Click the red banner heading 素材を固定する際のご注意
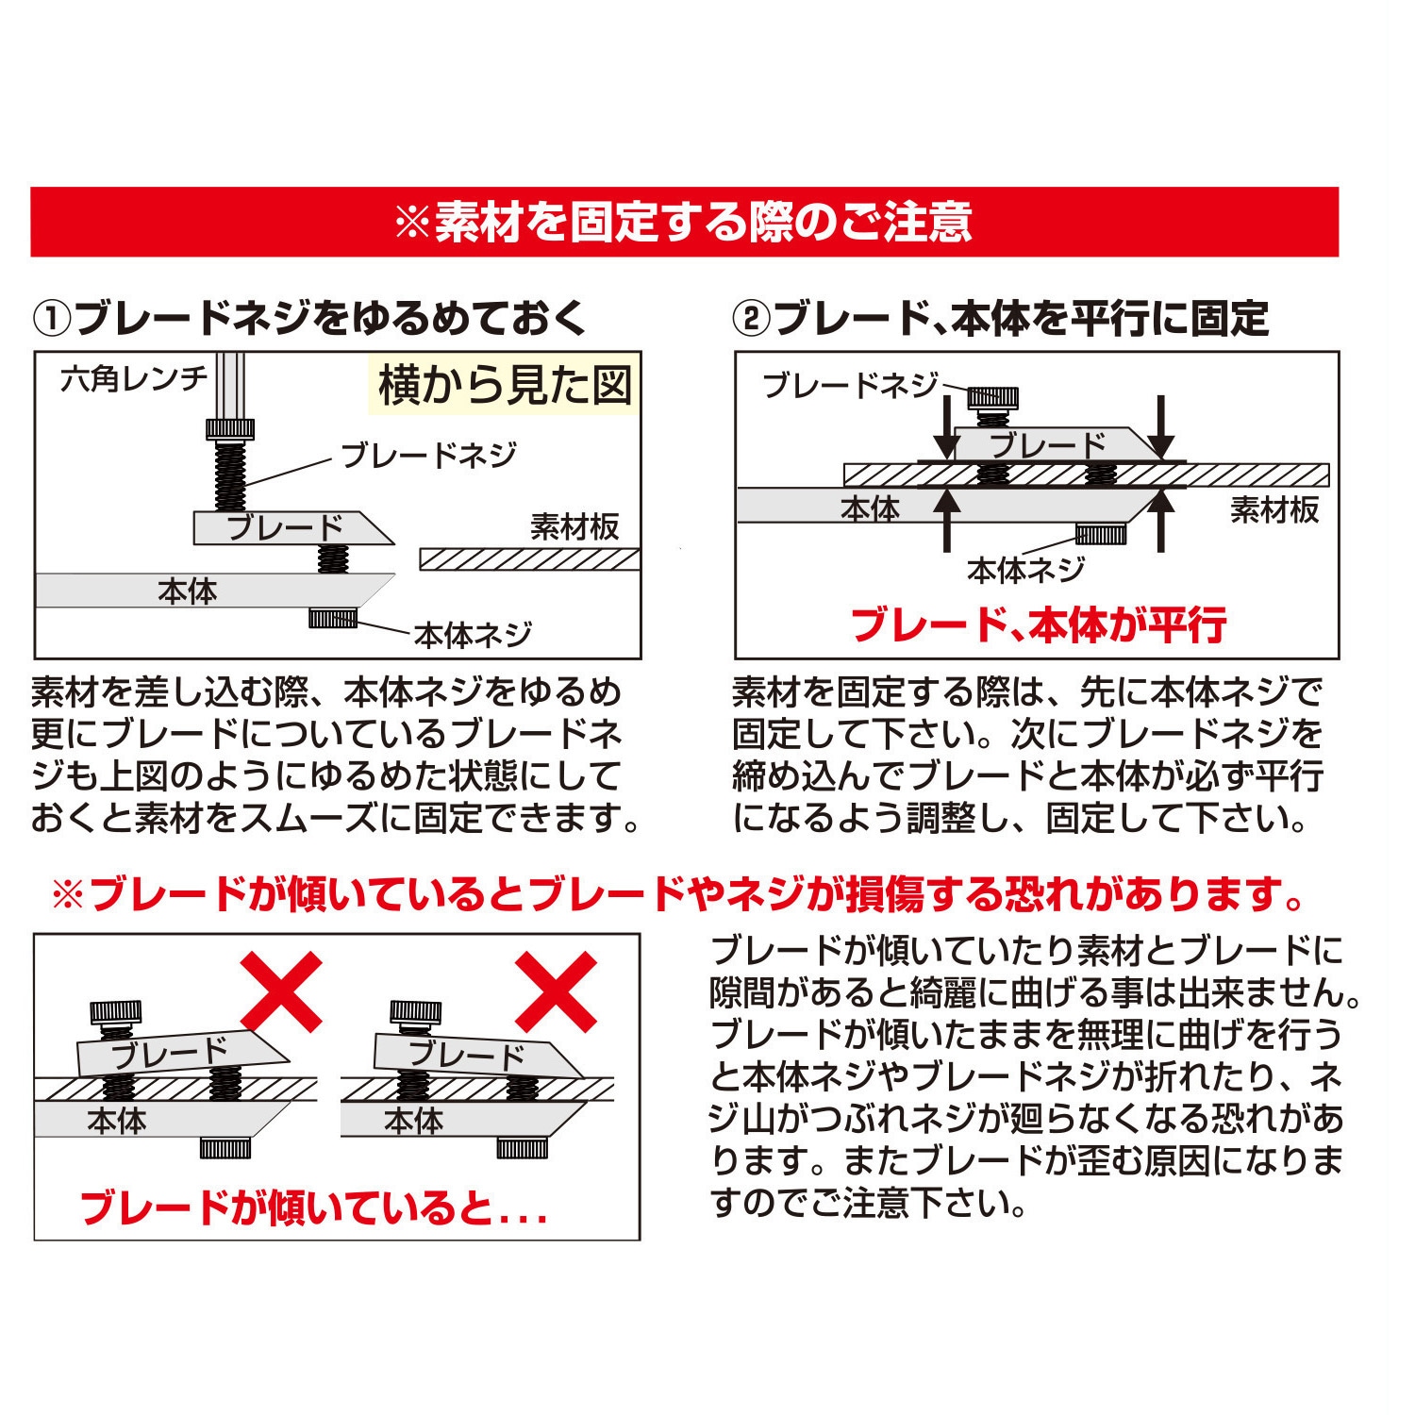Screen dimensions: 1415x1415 (x=683, y=223)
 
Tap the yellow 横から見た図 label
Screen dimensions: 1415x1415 (x=504, y=385)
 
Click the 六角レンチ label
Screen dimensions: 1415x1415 (x=133, y=379)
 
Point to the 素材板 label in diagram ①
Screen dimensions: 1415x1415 (x=574, y=526)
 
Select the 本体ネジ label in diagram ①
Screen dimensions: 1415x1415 (x=473, y=635)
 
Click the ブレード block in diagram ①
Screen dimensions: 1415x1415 (x=288, y=528)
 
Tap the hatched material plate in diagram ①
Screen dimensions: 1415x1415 (x=529, y=559)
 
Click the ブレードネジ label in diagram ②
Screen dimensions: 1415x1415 (x=850, y=385)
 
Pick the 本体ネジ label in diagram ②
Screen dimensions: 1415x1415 (x=1025, y=570)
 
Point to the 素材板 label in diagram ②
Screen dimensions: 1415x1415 (x=1273, y=510)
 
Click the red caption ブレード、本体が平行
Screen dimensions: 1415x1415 (x=1038, y=624)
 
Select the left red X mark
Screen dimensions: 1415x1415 (x=281, y=990)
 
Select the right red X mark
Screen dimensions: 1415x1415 (x=556, y=990)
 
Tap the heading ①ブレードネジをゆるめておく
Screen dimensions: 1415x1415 (x=310, y=318)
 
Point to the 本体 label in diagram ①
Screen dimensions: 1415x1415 (x=187, y=591)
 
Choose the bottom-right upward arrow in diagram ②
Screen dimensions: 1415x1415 (x=1161, y=519)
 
